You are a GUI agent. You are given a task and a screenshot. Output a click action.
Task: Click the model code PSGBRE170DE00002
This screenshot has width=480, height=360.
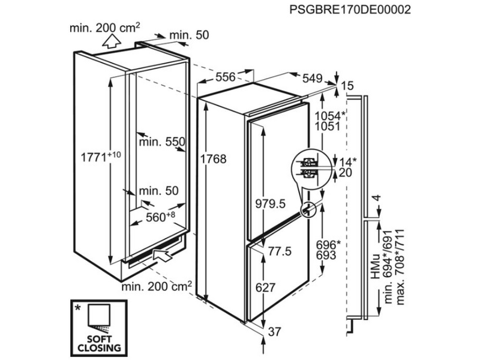pos(350,10)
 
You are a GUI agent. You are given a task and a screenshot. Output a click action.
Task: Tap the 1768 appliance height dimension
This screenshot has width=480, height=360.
pos(214,159)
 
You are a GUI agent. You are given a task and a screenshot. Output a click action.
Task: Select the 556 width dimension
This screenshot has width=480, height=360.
pos(226,77)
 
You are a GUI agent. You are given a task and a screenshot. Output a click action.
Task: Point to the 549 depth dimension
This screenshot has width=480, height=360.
pos(312,79)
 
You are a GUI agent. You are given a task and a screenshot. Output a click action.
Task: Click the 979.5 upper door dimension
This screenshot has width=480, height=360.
pos(271,203)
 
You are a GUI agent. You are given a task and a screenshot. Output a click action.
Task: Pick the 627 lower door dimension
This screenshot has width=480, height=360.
pos(265,287)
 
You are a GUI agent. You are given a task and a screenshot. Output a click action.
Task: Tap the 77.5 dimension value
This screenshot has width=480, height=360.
pos(280,251)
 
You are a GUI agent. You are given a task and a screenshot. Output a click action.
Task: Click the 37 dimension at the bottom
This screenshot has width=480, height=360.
pos(274,332)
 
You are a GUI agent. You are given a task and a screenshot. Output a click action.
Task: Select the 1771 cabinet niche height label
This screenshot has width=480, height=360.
pos(101,157)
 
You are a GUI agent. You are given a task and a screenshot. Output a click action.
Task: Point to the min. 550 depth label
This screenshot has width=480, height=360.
pos(162,142)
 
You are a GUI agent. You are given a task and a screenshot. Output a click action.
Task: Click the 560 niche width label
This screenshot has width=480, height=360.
pos(160,217)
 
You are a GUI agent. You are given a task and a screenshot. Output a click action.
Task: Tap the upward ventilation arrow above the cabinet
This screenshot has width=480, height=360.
pos(111,41)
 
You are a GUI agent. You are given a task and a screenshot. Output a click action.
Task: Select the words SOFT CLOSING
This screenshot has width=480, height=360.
pos(99,343)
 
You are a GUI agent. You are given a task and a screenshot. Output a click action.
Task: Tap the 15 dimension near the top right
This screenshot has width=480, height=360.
pos(347,86)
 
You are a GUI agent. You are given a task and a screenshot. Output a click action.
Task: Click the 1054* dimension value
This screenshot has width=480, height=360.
pos(330,116)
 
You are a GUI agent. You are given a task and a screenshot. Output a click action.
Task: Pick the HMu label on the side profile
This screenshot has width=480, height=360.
pos(376,266)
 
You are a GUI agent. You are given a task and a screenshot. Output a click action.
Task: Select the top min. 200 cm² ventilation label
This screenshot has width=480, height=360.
pos(104,28)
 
